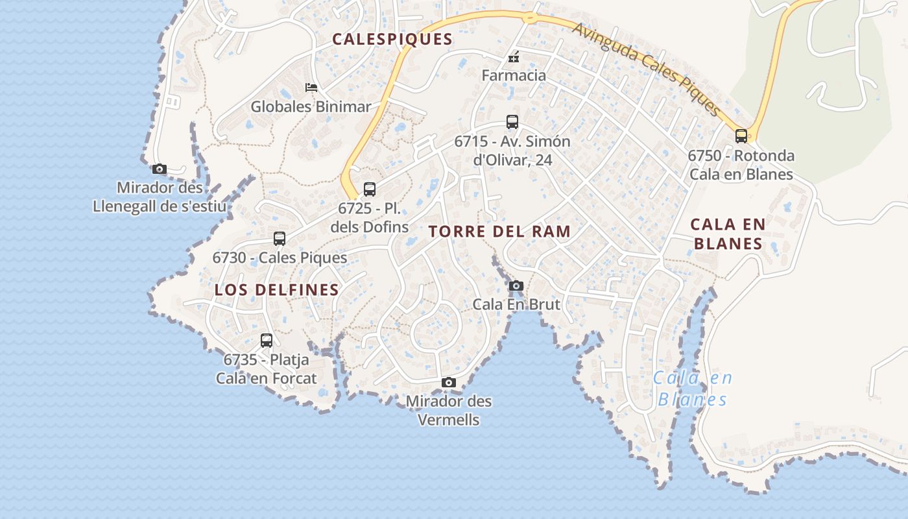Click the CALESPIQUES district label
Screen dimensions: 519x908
392,39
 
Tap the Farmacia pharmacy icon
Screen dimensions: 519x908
514,58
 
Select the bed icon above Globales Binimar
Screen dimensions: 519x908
311,87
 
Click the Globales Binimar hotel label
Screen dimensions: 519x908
311,106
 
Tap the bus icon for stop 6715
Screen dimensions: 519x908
512,122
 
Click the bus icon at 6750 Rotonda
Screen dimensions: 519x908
741,136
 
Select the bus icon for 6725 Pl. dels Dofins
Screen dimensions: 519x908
369,189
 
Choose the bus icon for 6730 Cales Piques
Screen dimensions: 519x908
280,239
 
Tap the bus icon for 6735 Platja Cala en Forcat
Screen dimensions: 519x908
267,341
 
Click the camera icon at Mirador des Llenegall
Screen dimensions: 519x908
160,169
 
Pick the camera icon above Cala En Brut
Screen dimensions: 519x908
516,286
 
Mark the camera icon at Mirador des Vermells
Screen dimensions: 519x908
448,383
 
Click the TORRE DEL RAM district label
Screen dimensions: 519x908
499,232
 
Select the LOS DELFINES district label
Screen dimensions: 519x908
276,290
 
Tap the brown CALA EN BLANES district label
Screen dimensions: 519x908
728,234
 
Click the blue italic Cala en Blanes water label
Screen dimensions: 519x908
692,388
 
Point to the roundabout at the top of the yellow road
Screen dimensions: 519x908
531,18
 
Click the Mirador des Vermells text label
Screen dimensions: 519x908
448,411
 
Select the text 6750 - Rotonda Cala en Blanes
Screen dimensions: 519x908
741,165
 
